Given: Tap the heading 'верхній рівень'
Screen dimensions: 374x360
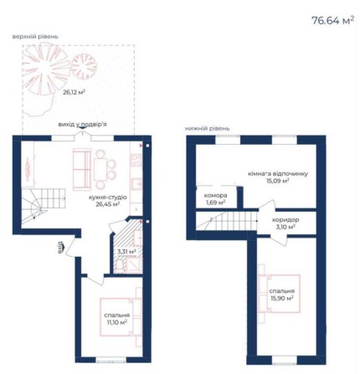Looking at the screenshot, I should tap(35, 36).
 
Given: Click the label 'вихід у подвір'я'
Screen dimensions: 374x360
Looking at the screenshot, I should tap(82, 124).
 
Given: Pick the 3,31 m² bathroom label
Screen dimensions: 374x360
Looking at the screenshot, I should tap(126, 250).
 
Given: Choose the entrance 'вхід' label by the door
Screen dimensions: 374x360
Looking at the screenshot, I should tap(60, 246).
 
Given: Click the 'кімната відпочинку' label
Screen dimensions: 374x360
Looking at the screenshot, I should tap(268, 173).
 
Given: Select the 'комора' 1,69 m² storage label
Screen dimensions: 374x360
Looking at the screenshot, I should tap(216, 198).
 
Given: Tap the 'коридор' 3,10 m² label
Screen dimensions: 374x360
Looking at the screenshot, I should tap(286, 222).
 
